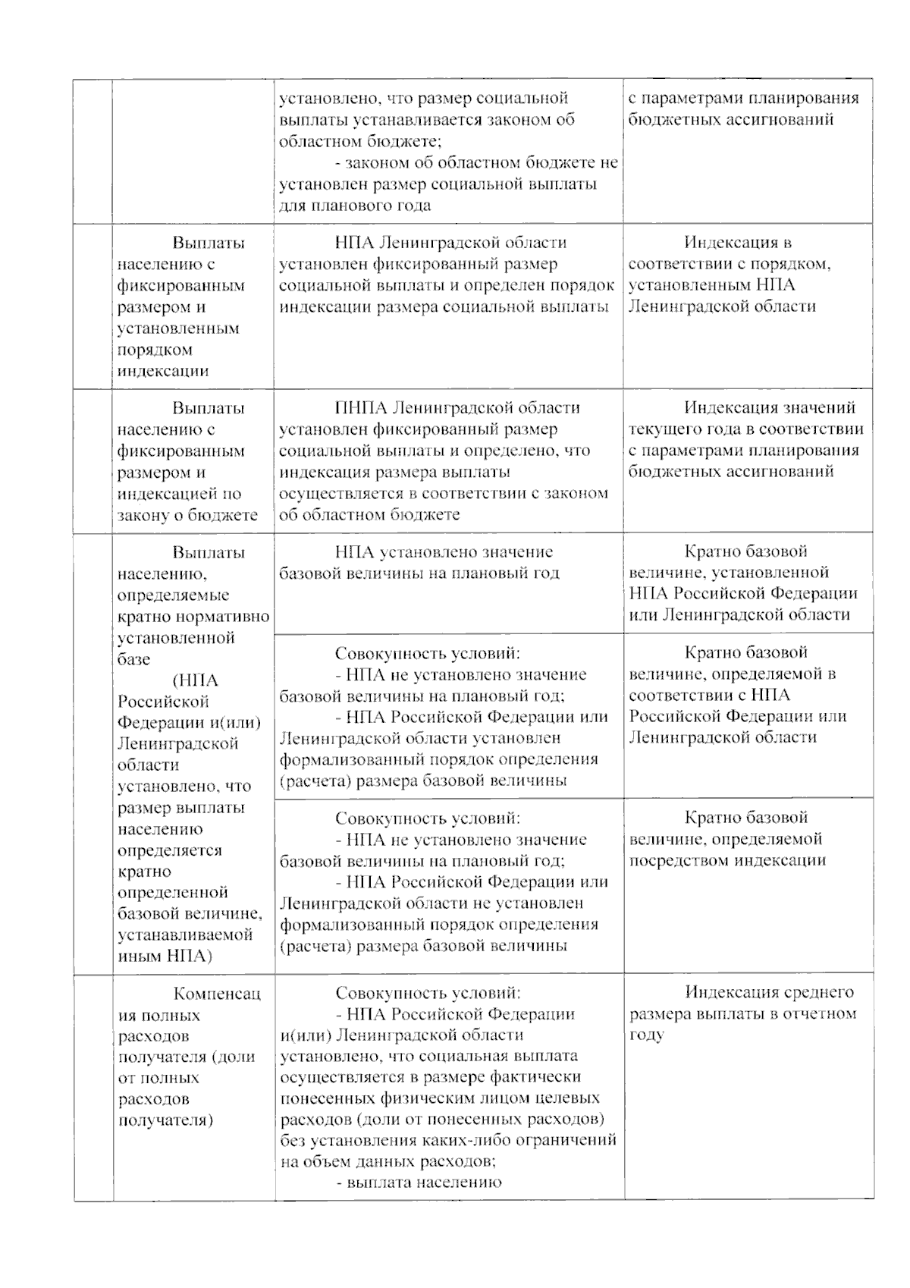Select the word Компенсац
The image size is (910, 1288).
pos(217,993)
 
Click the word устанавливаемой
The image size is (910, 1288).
pos(186,935)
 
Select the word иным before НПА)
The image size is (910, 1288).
pos(139,956)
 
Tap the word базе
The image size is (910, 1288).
pos(134,659)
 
